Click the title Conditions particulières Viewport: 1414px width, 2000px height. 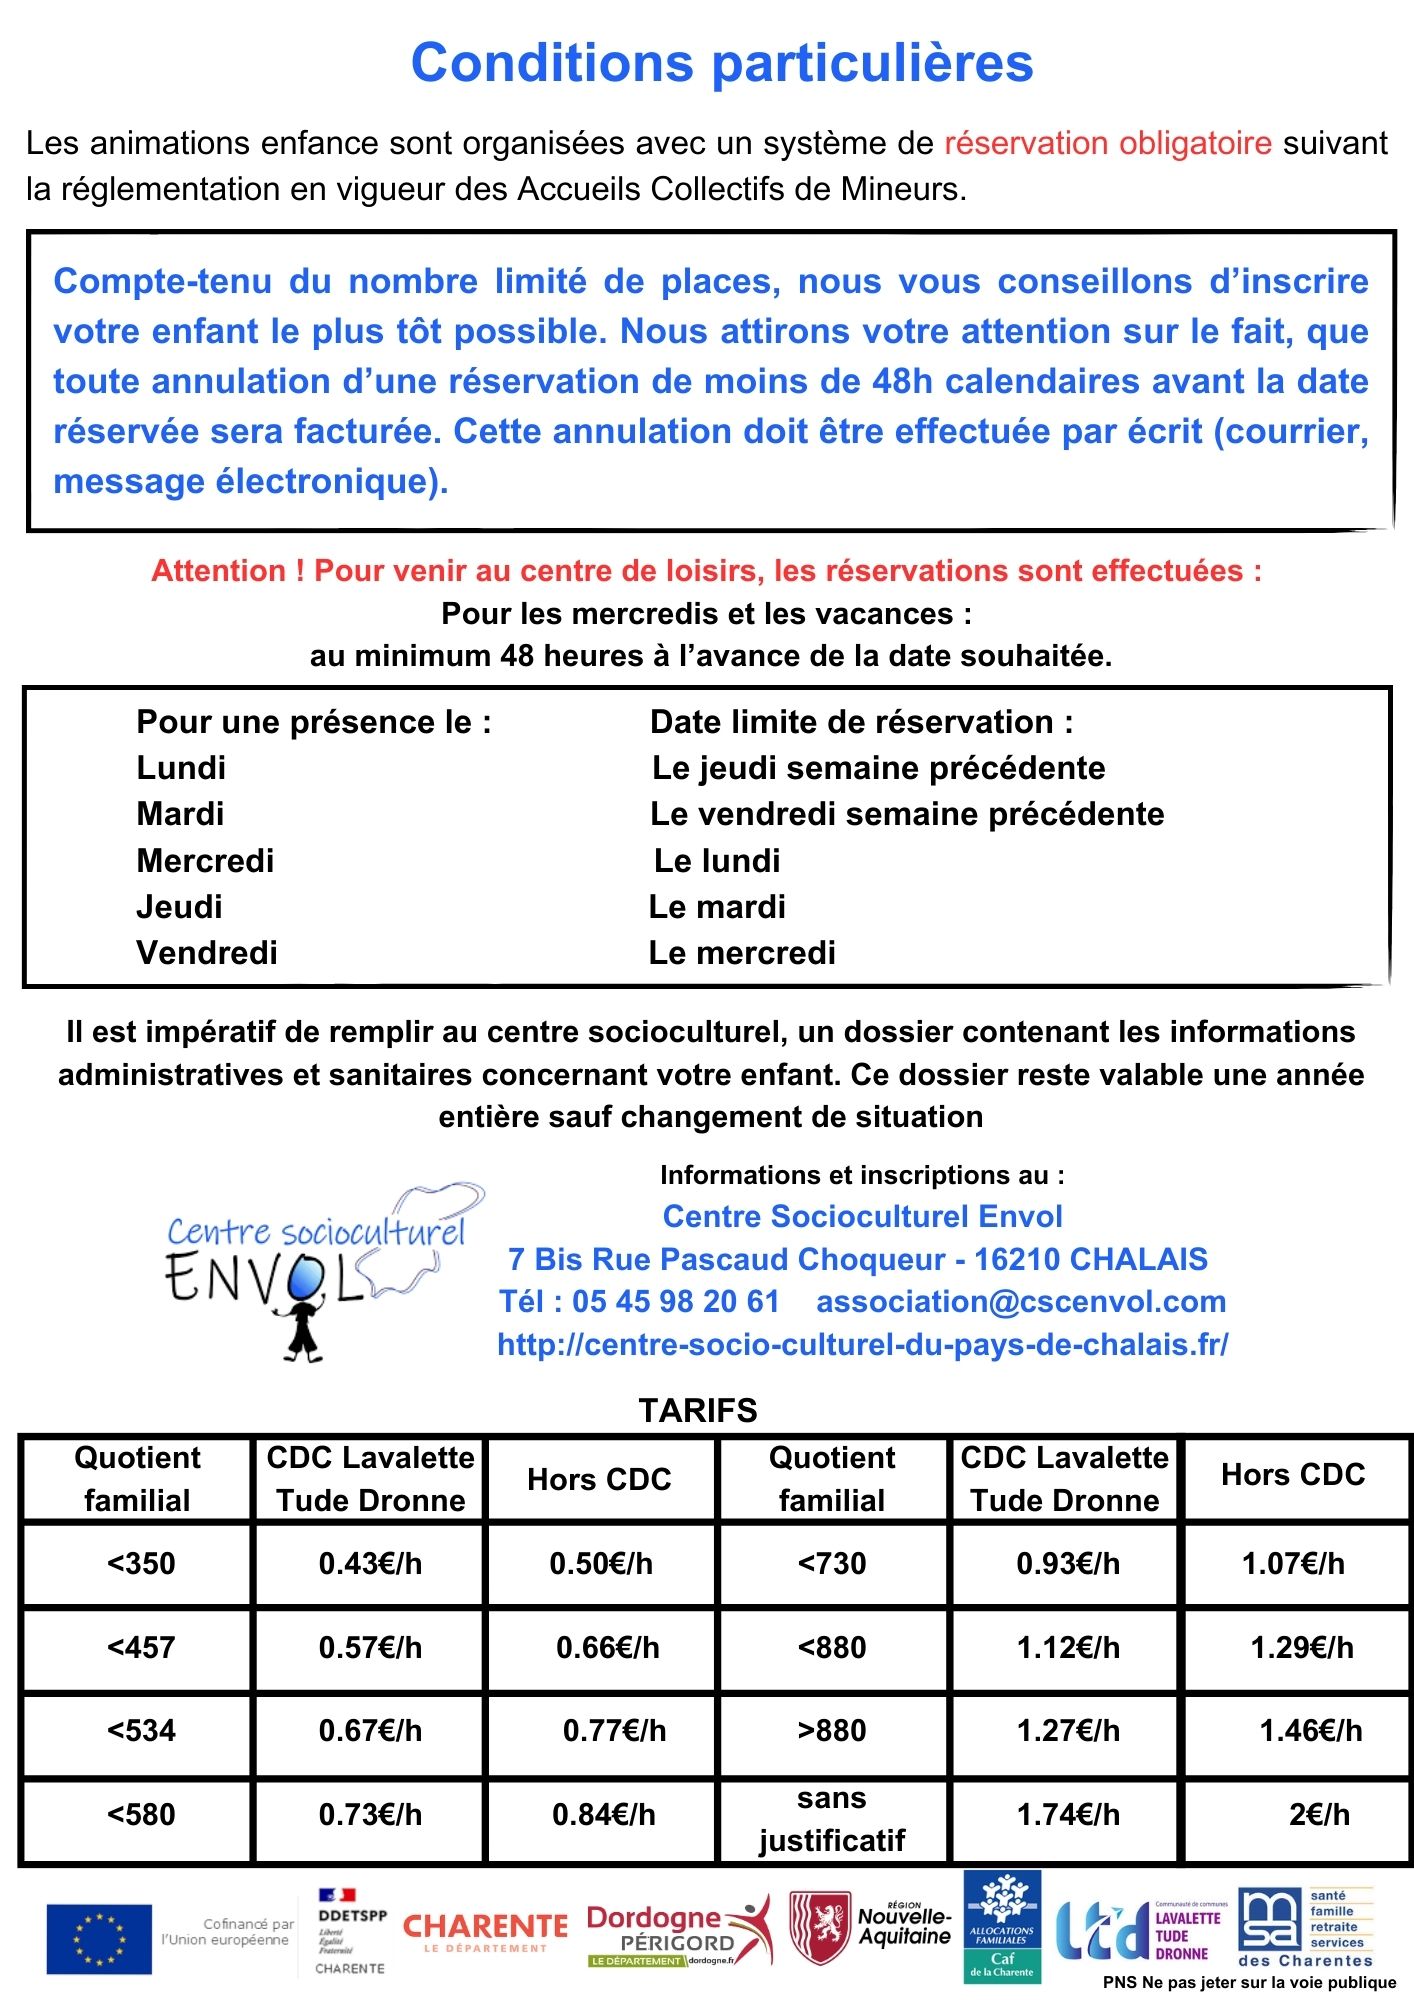(x=721, y=63)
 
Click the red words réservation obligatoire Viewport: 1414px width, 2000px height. (x=1107, y=143)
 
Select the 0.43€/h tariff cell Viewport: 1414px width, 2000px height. (x=370, y=1563)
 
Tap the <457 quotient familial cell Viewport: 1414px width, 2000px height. (x=141, y=1647)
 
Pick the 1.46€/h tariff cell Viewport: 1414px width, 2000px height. (x=1310, y=1730)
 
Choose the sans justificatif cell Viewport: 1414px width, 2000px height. (x=832, y=1819)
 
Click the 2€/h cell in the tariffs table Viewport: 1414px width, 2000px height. (x=1319, y=1814)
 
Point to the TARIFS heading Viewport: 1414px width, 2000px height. (x=698, y=1410)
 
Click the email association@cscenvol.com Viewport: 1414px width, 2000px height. (x=1021, y=1301)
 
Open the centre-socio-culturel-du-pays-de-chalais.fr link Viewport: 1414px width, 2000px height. (x=862, y=1344)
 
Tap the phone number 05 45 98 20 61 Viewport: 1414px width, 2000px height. (x=675, y=1301)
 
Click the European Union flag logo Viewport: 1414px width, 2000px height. (x=99, y=1939)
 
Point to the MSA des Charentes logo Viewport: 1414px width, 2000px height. (x=1305, y=1927)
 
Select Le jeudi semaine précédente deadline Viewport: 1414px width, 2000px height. (x=878, y=768)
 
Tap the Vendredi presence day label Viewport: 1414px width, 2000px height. (x=207, y=953)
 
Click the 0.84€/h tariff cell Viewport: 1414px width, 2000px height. (x=604, y=1814)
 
